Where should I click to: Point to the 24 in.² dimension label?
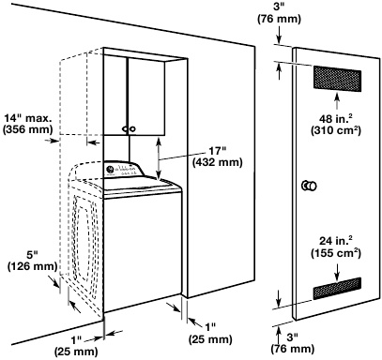pyautogui.click(x=335, y=238)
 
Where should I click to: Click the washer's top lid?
pyautogui.click(x=141, y=187)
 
